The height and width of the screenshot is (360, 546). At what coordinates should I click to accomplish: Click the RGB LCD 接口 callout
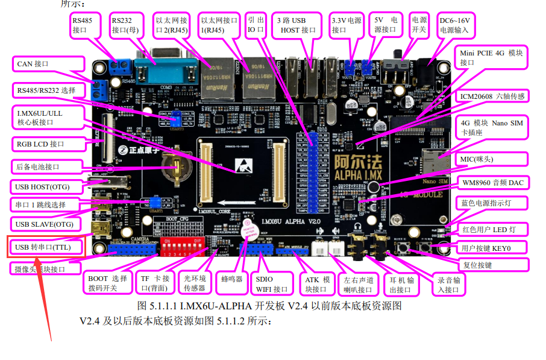[x=45, y=144]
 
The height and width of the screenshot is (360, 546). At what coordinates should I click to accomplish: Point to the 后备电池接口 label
[x=46, y=166]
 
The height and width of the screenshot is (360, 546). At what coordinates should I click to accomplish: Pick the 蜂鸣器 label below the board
[x=231, y=279]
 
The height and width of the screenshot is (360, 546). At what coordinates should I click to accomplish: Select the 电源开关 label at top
[x=418, y=25]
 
